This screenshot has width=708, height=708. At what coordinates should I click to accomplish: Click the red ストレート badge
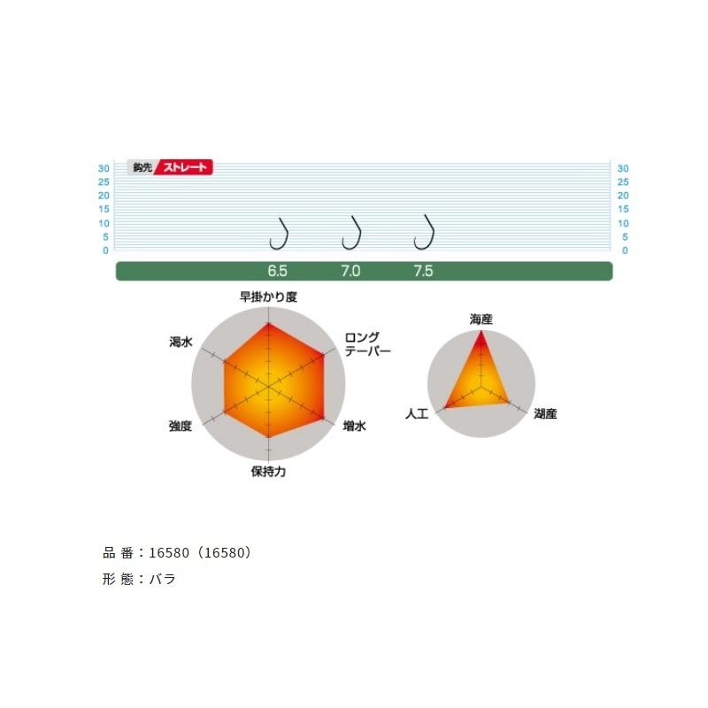184,167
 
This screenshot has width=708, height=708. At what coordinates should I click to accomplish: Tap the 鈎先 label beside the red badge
142,167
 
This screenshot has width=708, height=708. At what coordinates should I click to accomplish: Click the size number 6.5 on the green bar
277,271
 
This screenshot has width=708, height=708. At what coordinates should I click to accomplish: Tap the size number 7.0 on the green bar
350,271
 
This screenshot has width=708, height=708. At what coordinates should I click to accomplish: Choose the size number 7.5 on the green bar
423,271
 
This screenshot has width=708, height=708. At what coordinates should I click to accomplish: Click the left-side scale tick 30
104,168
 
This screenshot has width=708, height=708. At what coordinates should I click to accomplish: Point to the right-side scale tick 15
623,209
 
